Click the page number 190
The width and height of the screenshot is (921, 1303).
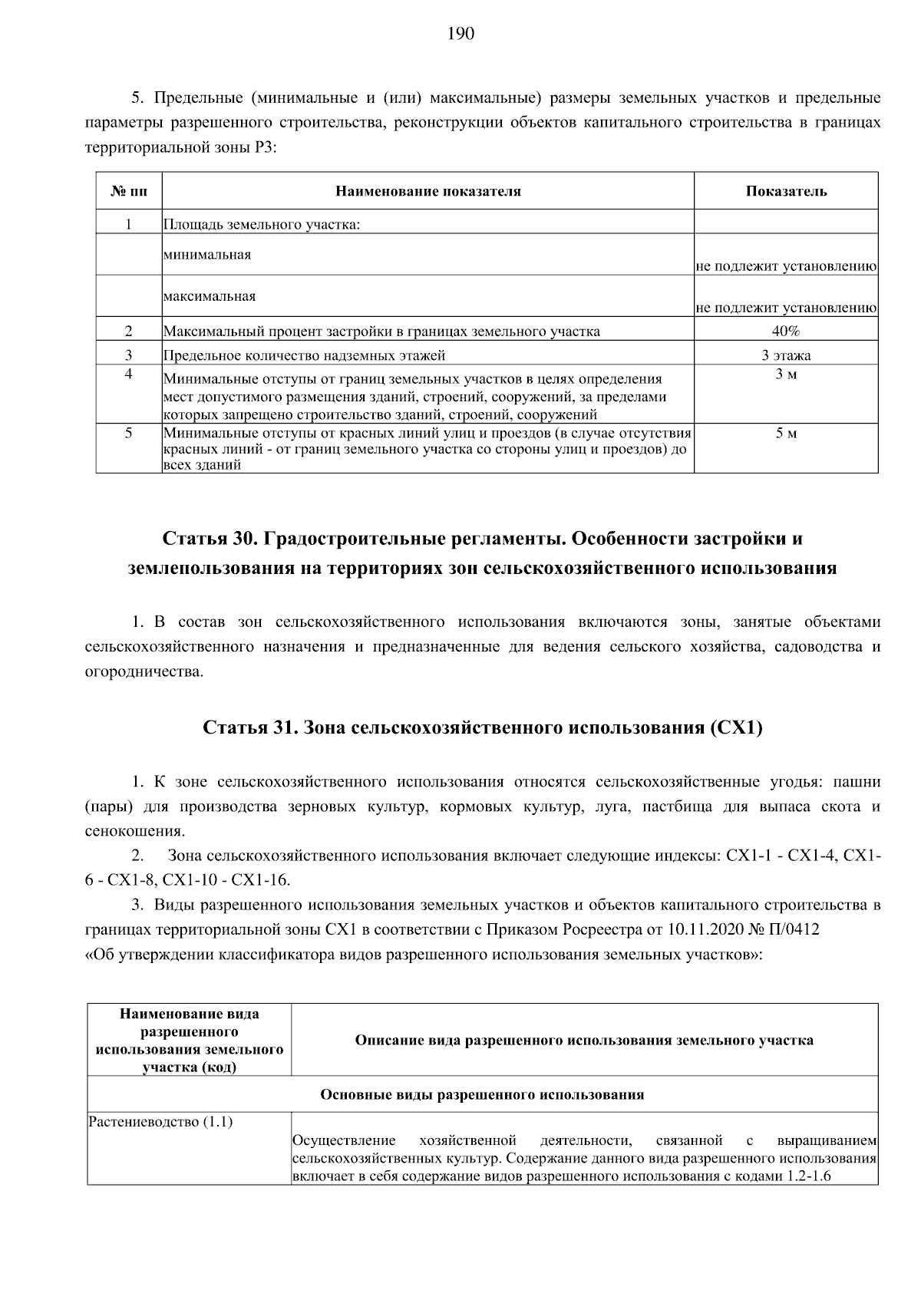coord(460,33)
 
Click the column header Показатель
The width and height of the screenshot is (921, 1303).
coord(786,191)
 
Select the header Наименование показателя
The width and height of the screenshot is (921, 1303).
coord(428,191)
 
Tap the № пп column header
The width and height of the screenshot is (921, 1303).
coord(129,191)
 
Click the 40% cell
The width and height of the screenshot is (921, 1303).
coord(786,331)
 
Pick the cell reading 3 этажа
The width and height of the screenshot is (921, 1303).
coord(786,355)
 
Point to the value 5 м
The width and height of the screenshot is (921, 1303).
coord(786,434)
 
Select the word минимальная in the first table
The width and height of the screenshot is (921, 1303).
coord(207,254)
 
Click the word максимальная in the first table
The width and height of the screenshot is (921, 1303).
coord(210,295)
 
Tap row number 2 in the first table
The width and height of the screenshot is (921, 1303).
coord(129,331)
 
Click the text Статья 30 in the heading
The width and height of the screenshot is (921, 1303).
coord(208,538)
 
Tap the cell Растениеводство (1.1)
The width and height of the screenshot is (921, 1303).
coord(161,1122)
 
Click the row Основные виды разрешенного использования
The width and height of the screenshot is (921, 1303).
coord(482,1094)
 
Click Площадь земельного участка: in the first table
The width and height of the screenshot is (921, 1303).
coord(262,225)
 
